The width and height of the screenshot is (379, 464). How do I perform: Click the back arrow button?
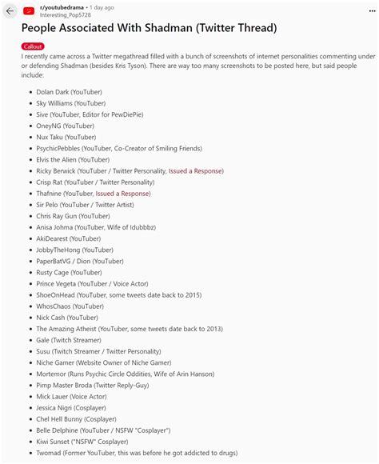(x=10, y=11)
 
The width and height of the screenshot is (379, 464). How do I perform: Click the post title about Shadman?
(x=149, y=29)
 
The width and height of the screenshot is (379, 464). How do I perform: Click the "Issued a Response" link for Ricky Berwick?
(x=196, y=170)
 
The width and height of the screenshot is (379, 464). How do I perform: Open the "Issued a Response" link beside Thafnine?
(x=123, y=193)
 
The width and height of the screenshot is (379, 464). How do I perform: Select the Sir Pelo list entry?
(x=84, y=204)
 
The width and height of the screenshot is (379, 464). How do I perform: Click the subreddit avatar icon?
(x=29, y=11)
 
